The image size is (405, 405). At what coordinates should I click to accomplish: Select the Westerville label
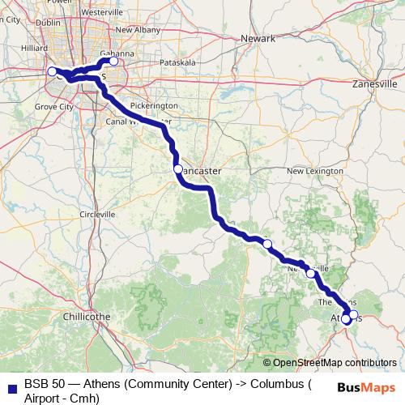point(101,13)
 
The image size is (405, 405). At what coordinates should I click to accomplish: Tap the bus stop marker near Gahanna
point(113,62)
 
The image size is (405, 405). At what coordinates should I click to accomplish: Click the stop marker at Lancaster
point(177,169)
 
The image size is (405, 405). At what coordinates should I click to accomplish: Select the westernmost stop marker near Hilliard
point(52,71)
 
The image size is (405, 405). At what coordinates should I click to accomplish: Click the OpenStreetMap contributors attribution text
point(335,363)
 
